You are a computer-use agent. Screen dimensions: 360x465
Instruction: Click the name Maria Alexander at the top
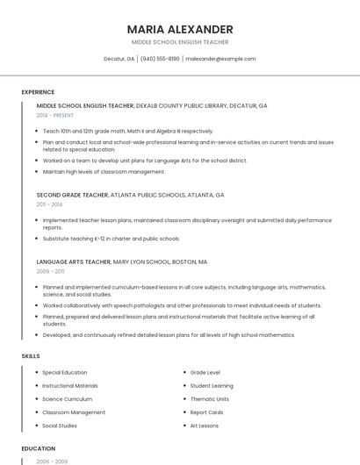[179, 29]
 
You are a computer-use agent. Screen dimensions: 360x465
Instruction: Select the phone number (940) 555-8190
[160, 59]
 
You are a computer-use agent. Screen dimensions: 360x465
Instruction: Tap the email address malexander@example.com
[220, 59]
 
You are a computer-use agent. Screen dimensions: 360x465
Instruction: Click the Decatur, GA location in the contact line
[119, 59]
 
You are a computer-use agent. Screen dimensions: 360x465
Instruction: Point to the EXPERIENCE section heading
[38, 92]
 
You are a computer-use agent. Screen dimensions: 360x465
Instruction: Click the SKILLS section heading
[31, 355]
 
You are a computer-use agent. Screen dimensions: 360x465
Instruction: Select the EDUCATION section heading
[38, 448]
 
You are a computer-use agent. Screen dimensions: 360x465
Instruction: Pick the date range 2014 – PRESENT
[55, 116]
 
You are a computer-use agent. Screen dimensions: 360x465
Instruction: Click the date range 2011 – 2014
[49, 204]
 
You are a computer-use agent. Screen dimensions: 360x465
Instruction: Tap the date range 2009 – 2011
[50, 272]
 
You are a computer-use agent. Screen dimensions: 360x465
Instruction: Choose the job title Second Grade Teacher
[72, 195]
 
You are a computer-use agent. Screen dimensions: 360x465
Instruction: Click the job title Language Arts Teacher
[74, 261]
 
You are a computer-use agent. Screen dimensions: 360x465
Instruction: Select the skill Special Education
[64, 373]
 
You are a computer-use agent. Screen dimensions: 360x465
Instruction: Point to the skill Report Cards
[206, 412]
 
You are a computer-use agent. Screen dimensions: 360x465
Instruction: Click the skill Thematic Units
[209, 399]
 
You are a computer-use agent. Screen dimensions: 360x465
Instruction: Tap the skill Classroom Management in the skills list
[74, 412]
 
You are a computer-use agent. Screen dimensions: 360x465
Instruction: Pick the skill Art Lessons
[205, 426]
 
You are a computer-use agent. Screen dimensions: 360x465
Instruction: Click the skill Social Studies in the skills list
[60, 426]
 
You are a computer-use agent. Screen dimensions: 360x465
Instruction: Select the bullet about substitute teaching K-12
[111, 239]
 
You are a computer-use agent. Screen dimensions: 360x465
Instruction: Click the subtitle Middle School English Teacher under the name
[179, 42]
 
